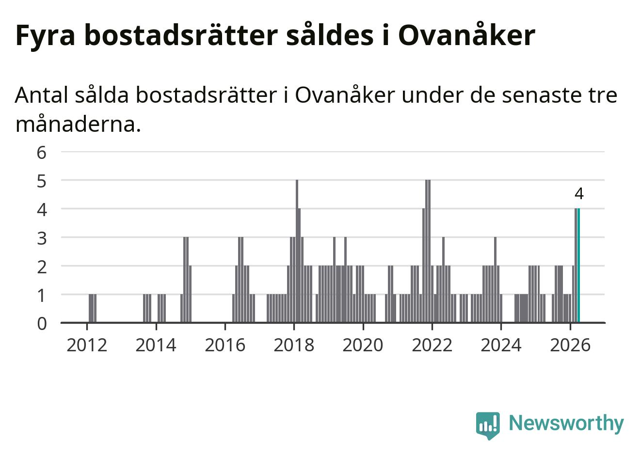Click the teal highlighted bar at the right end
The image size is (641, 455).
tap(578, 266)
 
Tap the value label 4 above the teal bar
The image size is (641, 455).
tap(579, 194)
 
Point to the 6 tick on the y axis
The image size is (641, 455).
tap(42, 153)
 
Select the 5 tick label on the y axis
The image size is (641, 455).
tap(42, 181)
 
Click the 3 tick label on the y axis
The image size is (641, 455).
tap(42, 238)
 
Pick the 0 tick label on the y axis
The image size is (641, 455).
tap(42, 324)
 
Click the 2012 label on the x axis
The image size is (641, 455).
tap(87, 345)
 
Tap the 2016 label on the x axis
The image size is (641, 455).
tap(225, 345)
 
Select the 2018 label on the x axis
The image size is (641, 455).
tap(294, 345)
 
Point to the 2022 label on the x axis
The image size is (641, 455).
tap(432, 345)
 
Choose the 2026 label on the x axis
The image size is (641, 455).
tap(570, 345)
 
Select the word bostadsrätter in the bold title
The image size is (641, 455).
tap(181, 35)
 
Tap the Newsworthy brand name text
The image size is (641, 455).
tap(566, 423)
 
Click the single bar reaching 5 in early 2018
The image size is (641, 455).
tap(297, 251)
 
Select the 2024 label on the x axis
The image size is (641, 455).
tap(501, 345)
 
